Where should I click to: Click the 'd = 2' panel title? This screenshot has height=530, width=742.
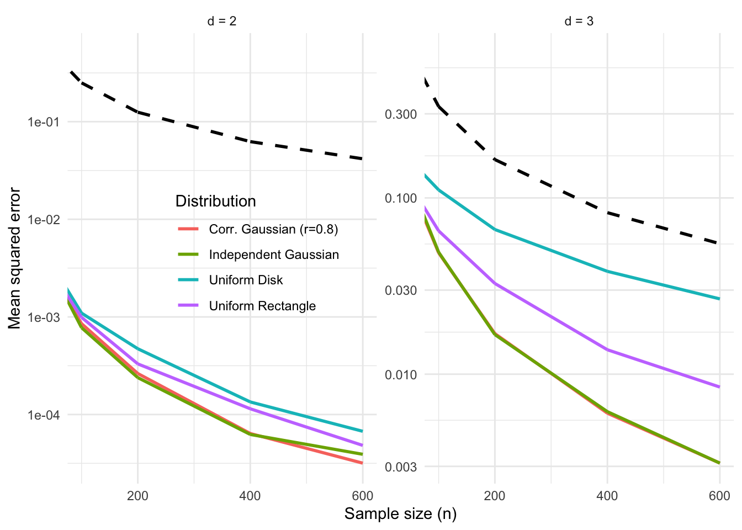(222, 22)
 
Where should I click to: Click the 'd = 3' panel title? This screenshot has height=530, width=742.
(579, 22)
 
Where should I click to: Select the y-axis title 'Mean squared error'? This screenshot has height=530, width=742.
(15, 258)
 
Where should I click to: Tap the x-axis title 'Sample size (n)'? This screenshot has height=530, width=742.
(400, 514)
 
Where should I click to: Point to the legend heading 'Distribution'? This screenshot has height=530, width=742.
(215, 201)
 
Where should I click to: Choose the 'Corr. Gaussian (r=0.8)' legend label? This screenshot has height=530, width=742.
(273, 229)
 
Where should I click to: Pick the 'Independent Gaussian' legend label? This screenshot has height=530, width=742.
(274, 255)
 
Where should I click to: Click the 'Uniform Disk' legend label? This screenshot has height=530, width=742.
(246, 280)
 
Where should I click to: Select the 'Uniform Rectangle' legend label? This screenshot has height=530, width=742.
(262, 306)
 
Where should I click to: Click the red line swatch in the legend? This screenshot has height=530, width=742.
(188, 229)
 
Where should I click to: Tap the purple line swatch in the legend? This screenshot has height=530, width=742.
(188, 306)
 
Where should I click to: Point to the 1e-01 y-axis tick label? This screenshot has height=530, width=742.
(44, 122)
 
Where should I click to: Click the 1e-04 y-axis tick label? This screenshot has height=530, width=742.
(44, 415)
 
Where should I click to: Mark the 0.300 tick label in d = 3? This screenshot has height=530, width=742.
(401, 114)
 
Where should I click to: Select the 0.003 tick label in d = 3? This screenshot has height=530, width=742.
(401, 467)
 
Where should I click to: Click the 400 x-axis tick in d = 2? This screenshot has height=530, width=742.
(250, 496)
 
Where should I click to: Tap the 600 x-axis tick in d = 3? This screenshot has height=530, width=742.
(719, 496)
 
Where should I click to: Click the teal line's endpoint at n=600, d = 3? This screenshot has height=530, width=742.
(719, 299)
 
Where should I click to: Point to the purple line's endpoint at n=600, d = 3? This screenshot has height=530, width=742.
(719, 387)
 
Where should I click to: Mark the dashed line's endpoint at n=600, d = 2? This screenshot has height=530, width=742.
(362, 158)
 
